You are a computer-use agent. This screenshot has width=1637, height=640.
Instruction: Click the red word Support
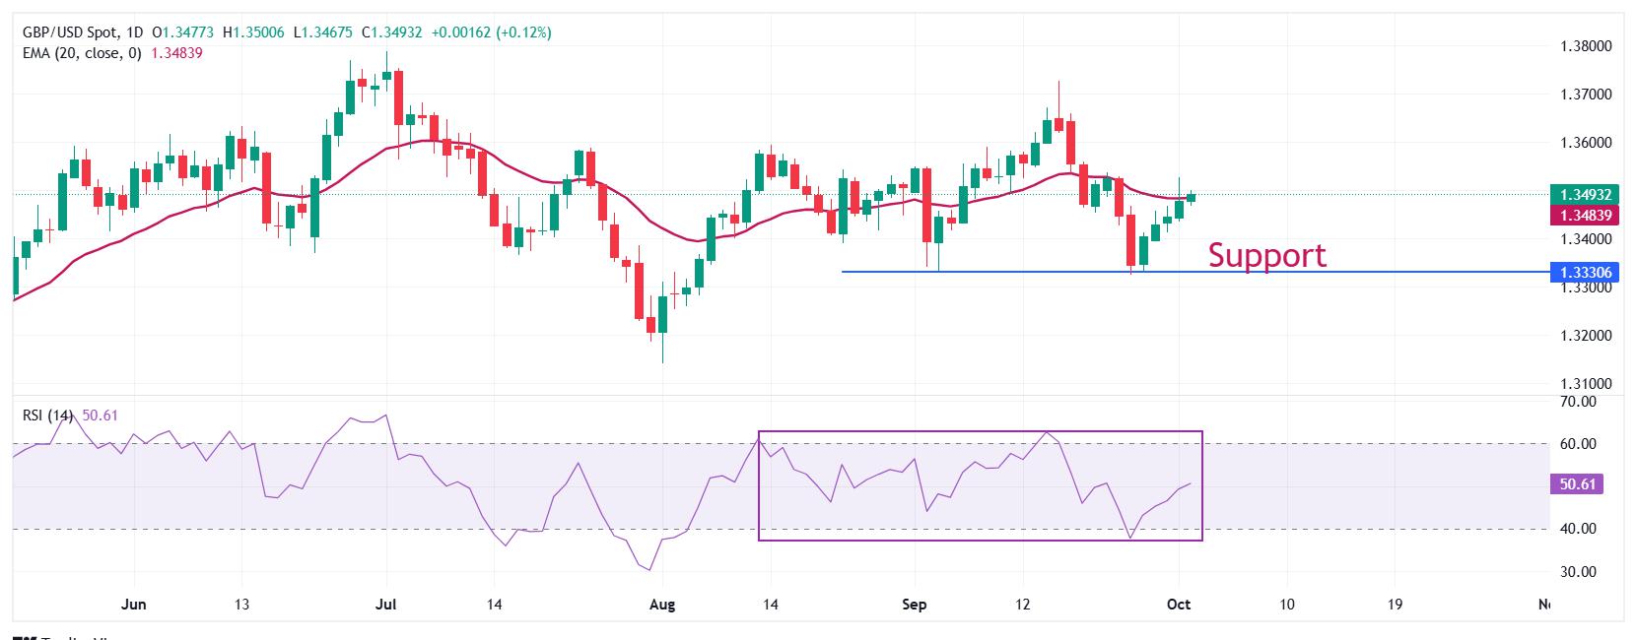pyautogui.click(x=1266, y=255)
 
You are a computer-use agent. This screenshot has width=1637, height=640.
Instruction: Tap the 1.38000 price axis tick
pyautogui.click(x=1587, y=46)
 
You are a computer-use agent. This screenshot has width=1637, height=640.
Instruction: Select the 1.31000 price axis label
pyautogui.click(x=1587, y=384)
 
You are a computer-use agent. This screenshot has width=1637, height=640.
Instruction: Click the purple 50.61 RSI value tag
pyautogui.click(x=1577, y=484)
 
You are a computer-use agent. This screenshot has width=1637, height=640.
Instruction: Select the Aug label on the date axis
pyautogui.click(x=662, y=605)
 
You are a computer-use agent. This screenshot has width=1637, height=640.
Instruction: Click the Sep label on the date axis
pyautogui.click(x=914, y=605)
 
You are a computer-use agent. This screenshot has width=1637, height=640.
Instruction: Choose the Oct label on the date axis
pyautogui.click(x=1179, y=605)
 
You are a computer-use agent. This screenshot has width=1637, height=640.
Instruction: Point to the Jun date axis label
pyautogui.click(x=133, y=605)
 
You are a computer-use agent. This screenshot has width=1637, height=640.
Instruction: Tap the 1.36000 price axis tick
pyautogui.click(x=1587, y=143)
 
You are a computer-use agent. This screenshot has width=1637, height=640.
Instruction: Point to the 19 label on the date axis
pyautogui.click(x=1396, y=605)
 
